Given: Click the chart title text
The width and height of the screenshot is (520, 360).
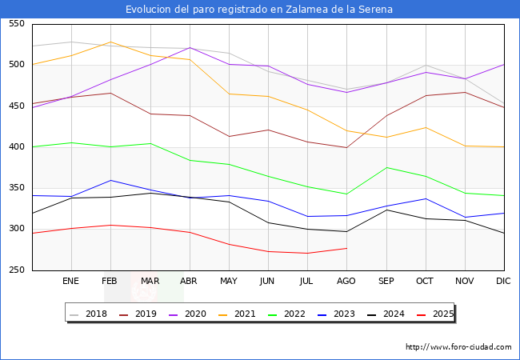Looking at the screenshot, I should click(x=259, y=10).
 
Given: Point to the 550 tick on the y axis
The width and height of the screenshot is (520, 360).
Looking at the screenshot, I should click(x=15, y=24).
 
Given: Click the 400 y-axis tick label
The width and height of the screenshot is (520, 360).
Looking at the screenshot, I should click(x=15, y=147).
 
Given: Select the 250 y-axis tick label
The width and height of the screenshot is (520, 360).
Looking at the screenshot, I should click(x=15, y=270).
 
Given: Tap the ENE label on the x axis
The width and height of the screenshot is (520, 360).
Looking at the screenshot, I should click(x=71, y=282).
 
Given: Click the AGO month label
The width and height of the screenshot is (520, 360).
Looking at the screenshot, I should click(x=346, y=282).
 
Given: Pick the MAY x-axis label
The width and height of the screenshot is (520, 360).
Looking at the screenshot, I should click(x=229, y=282).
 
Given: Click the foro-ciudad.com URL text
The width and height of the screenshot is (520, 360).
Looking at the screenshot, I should click(x=458, y=347).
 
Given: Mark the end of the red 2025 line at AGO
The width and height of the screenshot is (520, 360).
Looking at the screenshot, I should click(x=346, y=248).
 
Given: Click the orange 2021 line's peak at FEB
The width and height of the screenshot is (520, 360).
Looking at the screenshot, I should click(x=110, y=42).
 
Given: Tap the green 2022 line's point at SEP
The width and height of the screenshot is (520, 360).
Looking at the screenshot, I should click(x=386, y=168).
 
